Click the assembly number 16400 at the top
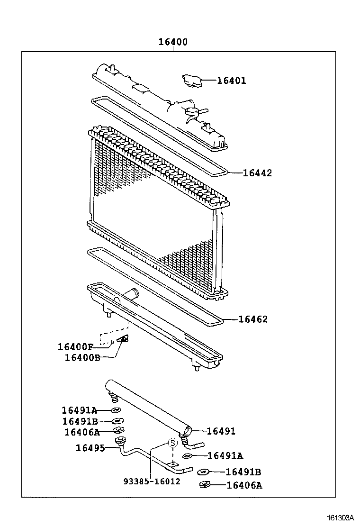173,42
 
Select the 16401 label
231,81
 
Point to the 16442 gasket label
257,173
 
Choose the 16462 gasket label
252,319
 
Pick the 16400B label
82,357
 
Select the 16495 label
90,447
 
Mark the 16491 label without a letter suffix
221,431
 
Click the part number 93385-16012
152,482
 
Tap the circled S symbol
173,443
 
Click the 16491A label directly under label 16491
225,456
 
